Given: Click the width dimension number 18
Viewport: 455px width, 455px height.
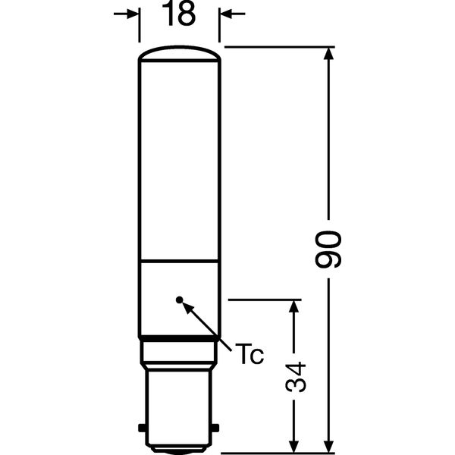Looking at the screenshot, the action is click(179, 14).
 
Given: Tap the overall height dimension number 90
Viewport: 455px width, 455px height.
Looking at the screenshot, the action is click(328, 249).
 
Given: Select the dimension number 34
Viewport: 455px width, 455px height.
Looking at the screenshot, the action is click(296, 377).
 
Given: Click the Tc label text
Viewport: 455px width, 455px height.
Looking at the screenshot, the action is click(249, 353).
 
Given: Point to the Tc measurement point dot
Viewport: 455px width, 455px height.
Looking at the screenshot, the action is click(180, 300).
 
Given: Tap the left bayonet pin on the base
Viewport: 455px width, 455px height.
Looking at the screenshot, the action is click(142, 428).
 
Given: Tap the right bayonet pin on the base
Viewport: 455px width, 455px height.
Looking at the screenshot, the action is click(215, 428).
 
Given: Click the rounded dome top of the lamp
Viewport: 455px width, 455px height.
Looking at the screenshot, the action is click(179, 53).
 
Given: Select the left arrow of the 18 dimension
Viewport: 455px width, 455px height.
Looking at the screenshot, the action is click(126, 14).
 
